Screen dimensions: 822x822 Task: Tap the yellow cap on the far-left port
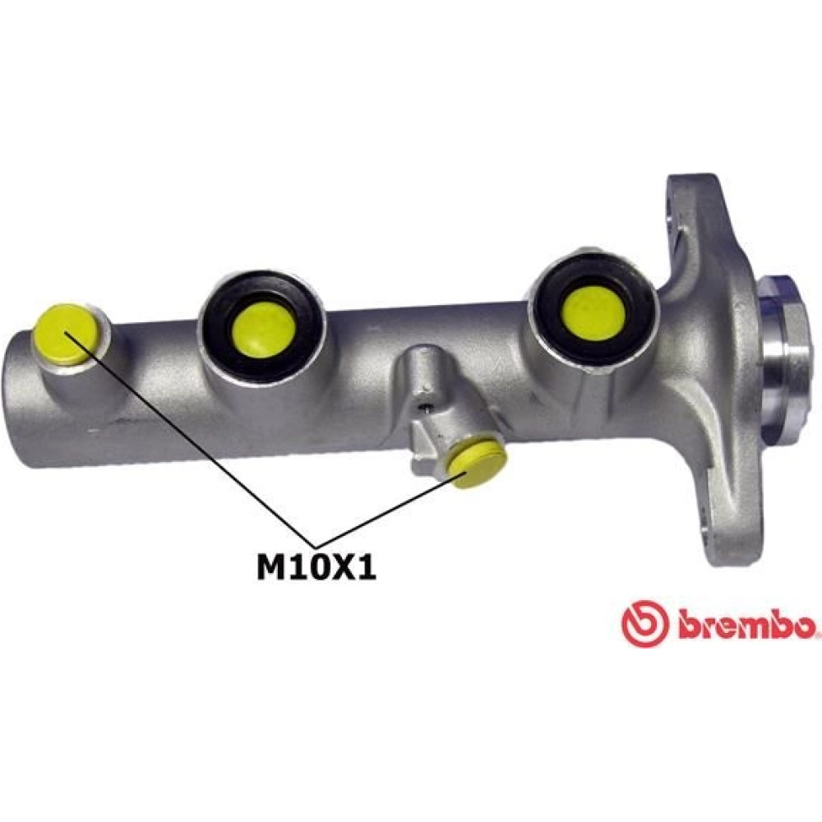(65, 334)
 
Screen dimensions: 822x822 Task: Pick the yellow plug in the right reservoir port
(594, 313)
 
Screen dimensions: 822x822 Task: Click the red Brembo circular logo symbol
(644, 623)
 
